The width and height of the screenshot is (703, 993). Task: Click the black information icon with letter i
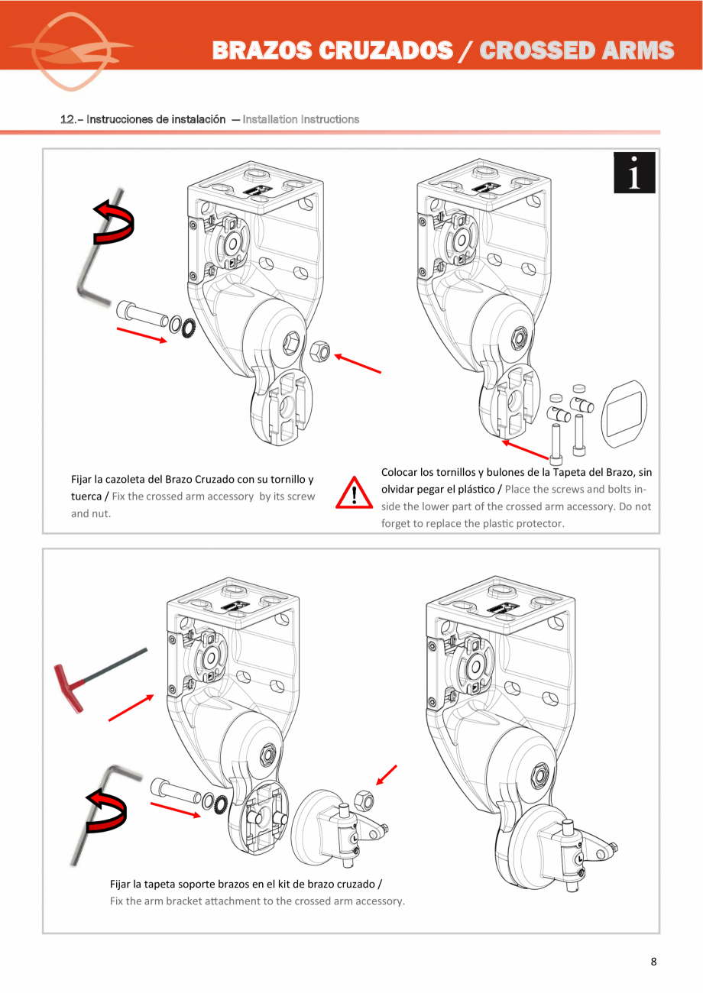tap(634, 173)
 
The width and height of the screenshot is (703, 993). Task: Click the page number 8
tap(653, 962)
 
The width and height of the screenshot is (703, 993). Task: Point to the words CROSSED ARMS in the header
tap(577, 50)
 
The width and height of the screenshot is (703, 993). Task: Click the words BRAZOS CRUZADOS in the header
tap(332, 50)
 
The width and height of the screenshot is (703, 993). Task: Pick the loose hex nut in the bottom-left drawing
tap(364, 801)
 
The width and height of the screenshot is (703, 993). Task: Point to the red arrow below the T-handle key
tap(131, 708)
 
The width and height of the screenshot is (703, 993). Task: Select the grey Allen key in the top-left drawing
tap(96, 252)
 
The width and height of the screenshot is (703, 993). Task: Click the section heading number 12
tap(67, 119)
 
